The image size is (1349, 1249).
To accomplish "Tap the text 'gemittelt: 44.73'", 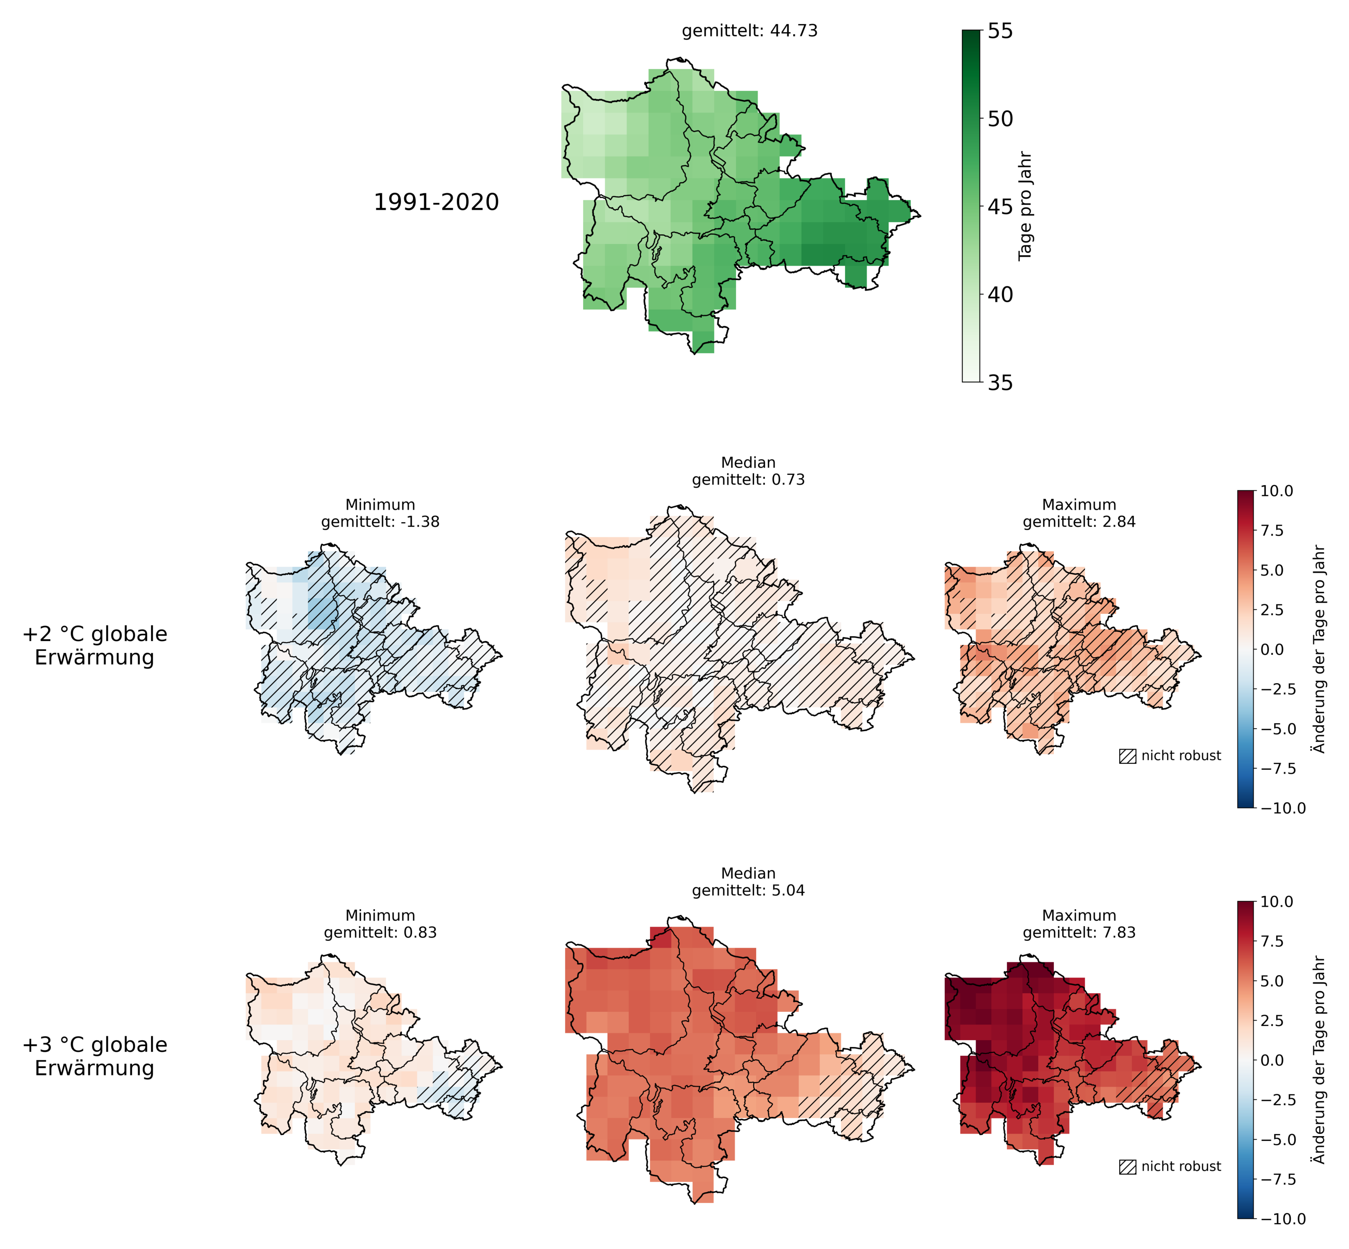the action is click(749, 31).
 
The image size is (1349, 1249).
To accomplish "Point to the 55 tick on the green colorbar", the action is click(1000, 31).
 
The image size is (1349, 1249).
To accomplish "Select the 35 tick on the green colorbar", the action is click(1000, 382).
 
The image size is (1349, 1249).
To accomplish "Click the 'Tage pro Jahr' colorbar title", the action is click(1025, 205).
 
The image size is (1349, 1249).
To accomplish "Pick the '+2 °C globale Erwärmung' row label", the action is click(94, 646).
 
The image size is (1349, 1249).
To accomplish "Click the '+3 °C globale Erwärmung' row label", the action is click(94, 1056).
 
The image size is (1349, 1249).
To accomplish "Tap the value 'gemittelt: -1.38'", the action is click(380, 522).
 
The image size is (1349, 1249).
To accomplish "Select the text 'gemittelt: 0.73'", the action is click(748, 480).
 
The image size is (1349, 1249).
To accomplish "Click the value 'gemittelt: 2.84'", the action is click(1079, 522).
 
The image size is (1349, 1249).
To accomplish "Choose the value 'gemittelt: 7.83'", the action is click(1079, 933).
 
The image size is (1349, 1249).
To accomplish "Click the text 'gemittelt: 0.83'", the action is click(380, 933).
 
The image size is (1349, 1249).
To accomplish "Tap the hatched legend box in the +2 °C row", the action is click(1128, 756).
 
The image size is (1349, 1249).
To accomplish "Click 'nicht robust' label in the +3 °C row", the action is click(1181, 1166).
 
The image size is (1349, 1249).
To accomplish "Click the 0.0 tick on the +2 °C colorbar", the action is click(1273, 649).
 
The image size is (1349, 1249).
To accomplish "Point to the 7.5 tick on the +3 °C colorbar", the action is click(1273, 941).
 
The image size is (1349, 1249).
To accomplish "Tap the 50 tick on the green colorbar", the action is click(1000, 119).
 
